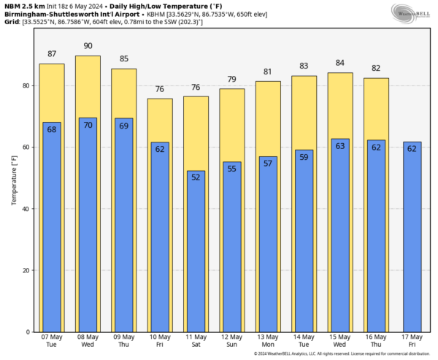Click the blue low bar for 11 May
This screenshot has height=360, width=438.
[x=196, y=252]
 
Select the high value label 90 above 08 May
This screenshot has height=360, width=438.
[x=88, y=46]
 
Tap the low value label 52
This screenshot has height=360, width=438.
[x=196, y=177]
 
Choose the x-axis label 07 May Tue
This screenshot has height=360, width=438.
[x=51, y=340]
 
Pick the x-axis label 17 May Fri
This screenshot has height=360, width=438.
[x=412, y=340]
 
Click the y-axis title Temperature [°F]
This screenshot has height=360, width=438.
[x=12, y=178]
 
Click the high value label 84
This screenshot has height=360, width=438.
[x=339, y=64]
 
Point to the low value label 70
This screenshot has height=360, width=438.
[x=88, y=125]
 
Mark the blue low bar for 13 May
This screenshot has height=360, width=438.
[x=268, y=245]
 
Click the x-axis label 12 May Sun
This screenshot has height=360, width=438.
[x=231, y=340]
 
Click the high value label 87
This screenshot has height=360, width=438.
[x=51, y=55]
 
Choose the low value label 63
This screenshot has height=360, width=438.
[x=339, y=146]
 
